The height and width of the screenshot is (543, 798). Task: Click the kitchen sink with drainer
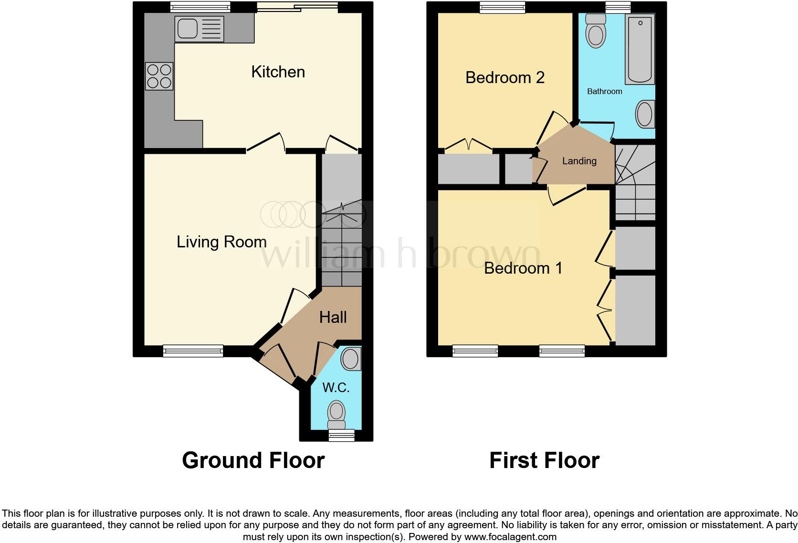point(199,28)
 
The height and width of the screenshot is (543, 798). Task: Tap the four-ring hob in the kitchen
point(159,76)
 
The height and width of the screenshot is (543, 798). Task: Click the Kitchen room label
point(278,72)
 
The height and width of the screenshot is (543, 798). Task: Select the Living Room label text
point(221,242)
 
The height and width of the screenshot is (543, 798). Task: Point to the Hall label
point(333,317)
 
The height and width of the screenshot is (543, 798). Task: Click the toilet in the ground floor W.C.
point(336,415)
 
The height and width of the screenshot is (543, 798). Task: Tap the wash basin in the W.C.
point(351,359)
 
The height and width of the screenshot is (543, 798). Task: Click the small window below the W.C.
point(342,435)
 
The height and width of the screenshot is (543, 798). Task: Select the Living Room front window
point(193,351)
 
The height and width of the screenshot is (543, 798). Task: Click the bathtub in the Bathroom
point(640,49)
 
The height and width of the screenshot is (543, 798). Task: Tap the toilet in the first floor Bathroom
point(596,30)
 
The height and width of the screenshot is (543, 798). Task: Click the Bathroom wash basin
point(645,114)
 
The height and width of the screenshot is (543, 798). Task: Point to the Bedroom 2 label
point(504,78)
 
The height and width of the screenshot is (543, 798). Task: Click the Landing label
point(579,161)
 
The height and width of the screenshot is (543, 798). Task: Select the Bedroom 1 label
point(523,268)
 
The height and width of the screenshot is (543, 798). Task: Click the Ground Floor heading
point(253,460)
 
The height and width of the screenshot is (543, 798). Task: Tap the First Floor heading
point(544,460)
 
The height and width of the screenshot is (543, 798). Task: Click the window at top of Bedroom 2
point(503,7)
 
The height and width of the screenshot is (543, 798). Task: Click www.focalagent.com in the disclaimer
point(510,537)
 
